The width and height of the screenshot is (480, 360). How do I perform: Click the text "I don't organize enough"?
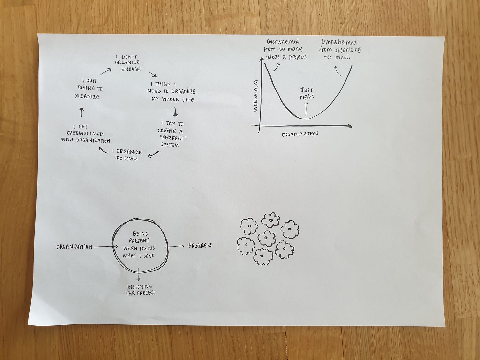coord(128,63)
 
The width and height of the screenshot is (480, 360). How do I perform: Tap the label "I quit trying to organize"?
coord(88,89)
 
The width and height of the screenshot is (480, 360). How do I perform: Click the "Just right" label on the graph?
coord(307,93)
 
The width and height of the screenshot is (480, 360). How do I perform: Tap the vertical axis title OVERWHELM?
coord(255,96)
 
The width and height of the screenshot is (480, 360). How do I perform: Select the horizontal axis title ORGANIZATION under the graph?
coord(300,134)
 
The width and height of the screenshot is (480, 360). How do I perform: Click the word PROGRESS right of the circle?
coord(200,246)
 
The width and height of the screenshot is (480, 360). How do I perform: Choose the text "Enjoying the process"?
coord(140,289)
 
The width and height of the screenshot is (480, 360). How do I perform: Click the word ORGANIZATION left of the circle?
coord(75,247)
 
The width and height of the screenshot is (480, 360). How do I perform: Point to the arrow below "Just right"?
coord(306,109)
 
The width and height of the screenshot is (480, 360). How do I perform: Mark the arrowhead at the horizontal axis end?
coord(349,126)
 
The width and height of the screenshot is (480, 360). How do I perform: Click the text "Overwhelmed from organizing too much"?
coord(340,49)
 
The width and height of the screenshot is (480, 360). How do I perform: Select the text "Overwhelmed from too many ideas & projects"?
coord(284,49)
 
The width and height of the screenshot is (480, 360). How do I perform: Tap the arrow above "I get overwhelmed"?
coord(82,113)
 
